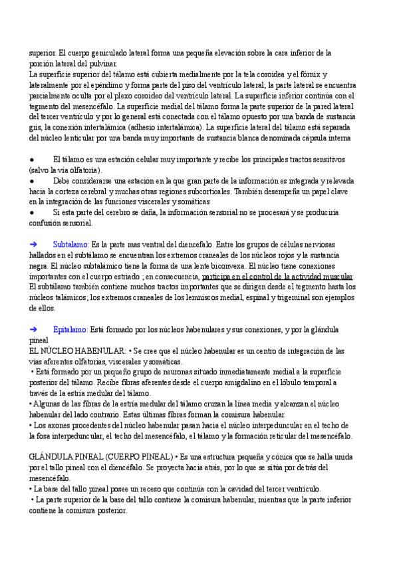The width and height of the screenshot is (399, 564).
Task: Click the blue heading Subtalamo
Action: point(70,244)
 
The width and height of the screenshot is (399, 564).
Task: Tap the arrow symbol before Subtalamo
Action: point(34,244)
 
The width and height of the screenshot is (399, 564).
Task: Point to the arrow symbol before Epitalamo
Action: point(34,329)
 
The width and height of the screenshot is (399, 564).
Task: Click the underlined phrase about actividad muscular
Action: point(278,276)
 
